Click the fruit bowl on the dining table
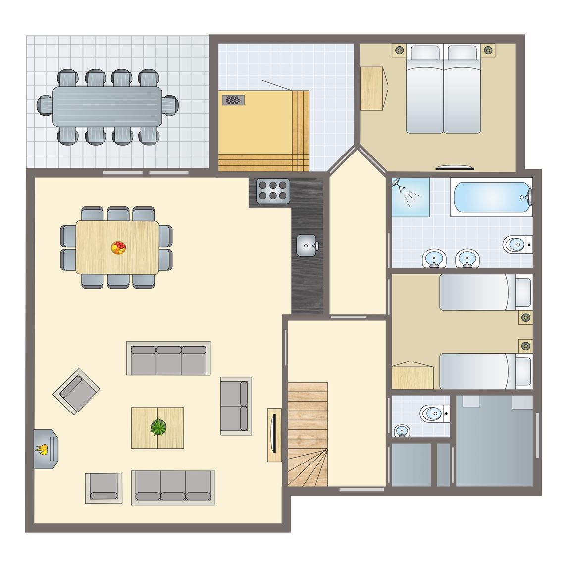(x=118, y=247)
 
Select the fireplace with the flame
(x=46, y=449)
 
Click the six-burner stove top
(x=273, y=190)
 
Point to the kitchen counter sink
(x=308, y=245)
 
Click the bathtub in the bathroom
(x=490, y=198)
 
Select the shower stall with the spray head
(x=411, y=197)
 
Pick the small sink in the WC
(x=403, y=430)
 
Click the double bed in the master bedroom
(x=443, y=89)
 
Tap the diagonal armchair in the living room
(x=76, y=391)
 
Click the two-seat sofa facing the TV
(x=235, y=406)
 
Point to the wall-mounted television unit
(x=274, y=435)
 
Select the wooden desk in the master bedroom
(x=372, y=88)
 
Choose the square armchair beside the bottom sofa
(x=103, y=488)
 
